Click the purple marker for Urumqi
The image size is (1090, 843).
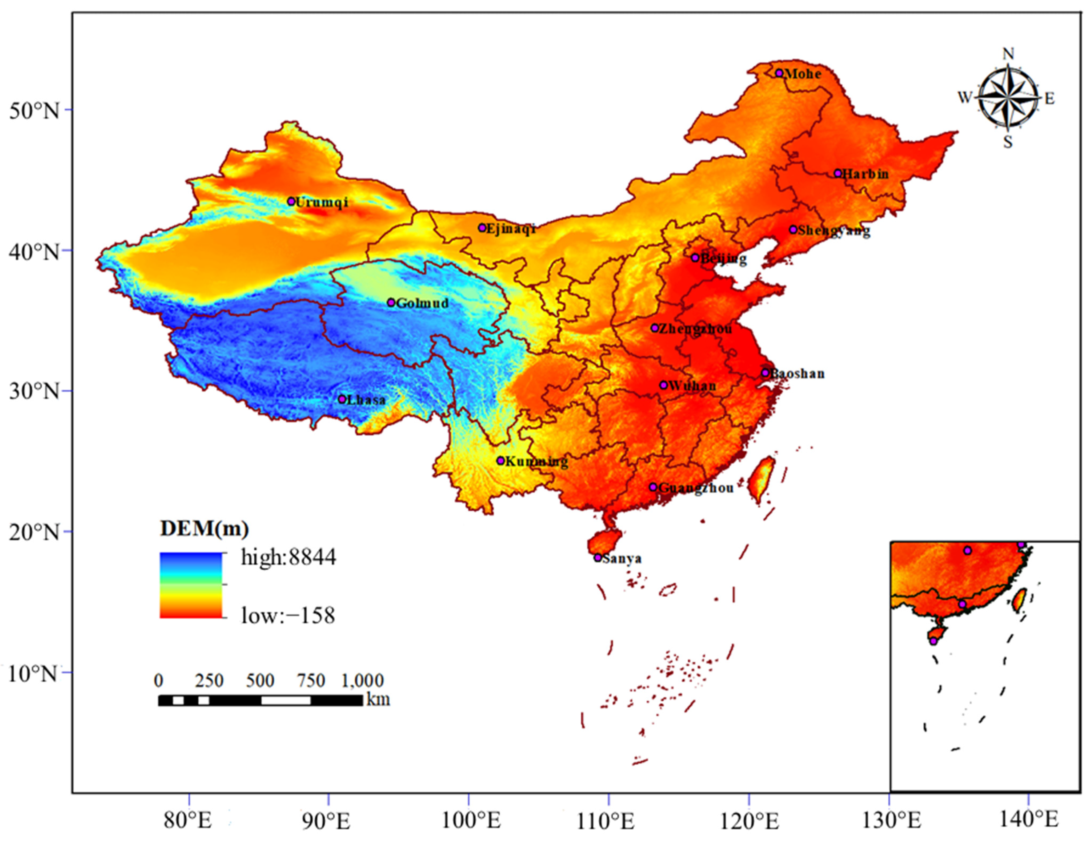[x=291, y=201]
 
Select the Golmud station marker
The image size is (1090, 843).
[x=391, y=303]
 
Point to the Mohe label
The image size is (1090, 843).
[x=803, y=74]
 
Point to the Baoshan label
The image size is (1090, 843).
[x=797, y=373]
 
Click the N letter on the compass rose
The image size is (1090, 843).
[x=1008, y=54]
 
